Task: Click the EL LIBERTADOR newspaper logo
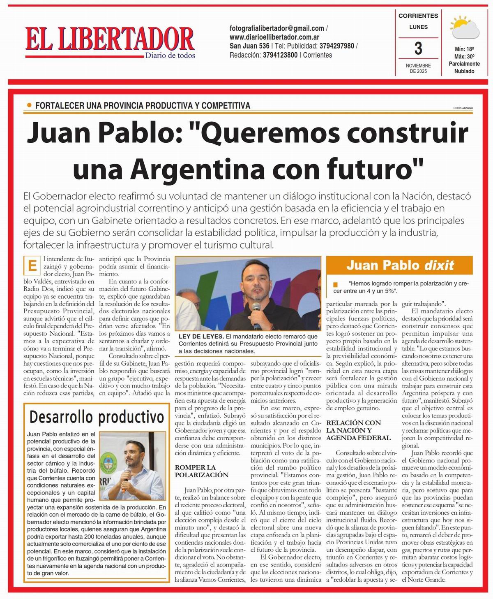click(x=110, y=40)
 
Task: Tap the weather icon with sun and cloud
click(x=465, y=28)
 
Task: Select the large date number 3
click(x=418, y=49)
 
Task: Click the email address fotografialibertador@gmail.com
click(x=277, y=28)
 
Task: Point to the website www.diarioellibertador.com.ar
click(x=274, y=37)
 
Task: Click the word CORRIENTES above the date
click(x=418, y=16)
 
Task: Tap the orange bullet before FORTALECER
click(x=29, y=105)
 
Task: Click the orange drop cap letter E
click(x=32, y=266)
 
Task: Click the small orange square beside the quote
click(x=336, y=284)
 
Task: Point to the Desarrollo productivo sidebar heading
click(x=97, y=417)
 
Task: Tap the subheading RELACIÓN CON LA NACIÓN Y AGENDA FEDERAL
click(x=353, y=430)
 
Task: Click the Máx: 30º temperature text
click(x=464, y=56)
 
